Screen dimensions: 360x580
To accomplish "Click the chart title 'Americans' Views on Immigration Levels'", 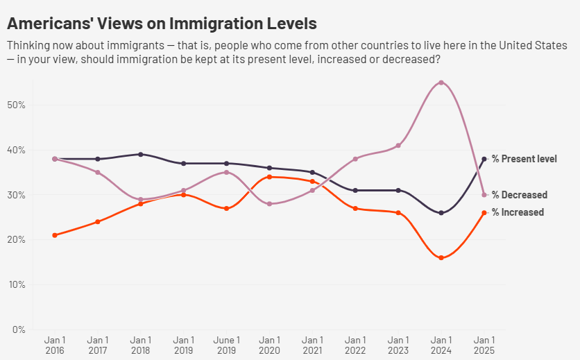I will click(162, 23).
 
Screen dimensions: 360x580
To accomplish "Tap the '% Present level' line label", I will click(524, 159).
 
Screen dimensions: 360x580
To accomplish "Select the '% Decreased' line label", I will click(519, 195).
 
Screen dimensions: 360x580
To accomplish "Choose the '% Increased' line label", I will click(518, 212).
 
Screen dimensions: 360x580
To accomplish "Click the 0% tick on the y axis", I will click(19, 329).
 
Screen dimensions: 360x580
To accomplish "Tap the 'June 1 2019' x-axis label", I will click(226, 345).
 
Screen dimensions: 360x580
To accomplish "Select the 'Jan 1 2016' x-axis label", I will click(55, 345).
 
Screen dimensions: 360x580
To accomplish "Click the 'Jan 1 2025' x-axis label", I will click(484, 345).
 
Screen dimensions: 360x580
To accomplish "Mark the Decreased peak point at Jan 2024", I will click(441, 83).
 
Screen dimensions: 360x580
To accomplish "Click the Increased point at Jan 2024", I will click(441, 258).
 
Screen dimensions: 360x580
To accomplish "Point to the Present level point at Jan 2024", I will click(441, 213).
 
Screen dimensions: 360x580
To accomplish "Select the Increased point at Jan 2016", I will click(55, 235).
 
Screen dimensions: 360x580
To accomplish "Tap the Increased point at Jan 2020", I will click(269, 177).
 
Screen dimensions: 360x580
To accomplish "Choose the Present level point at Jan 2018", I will click(141, 154).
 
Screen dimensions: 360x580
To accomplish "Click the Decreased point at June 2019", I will click(226, 172).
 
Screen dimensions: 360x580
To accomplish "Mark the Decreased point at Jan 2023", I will click(398, 146).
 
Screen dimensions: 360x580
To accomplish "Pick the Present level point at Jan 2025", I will click(484, 159).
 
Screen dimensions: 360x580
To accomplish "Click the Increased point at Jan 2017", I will click(98, 222).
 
